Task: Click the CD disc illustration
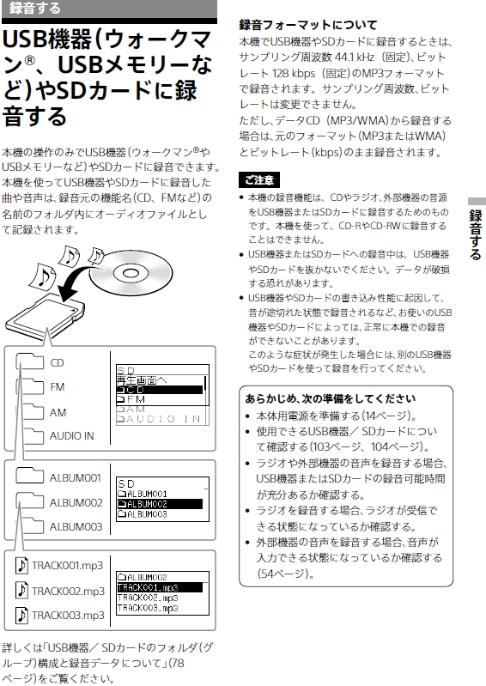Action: (x=131, y=273)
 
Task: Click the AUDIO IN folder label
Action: (x=72, y=436)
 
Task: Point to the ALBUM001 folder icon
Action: (x=30, y=476)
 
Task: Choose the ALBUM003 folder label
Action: (x=76, y=527)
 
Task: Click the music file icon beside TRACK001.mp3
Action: (x=21, y=565)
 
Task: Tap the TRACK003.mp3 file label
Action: (x=68, y=615)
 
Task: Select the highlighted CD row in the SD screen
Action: (x=160, y=390)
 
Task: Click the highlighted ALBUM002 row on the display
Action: (x=160, y=504)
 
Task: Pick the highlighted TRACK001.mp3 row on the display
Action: (x=160, y=587)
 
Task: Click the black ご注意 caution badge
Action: (x=259, y=179)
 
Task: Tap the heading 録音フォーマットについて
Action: (x=308, y=25)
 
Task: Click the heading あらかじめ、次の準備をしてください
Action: (x=331, y=398)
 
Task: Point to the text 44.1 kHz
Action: (x=349, y=57)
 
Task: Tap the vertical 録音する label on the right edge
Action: (x=476, y=235)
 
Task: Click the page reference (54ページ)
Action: (x=285, y=574)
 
